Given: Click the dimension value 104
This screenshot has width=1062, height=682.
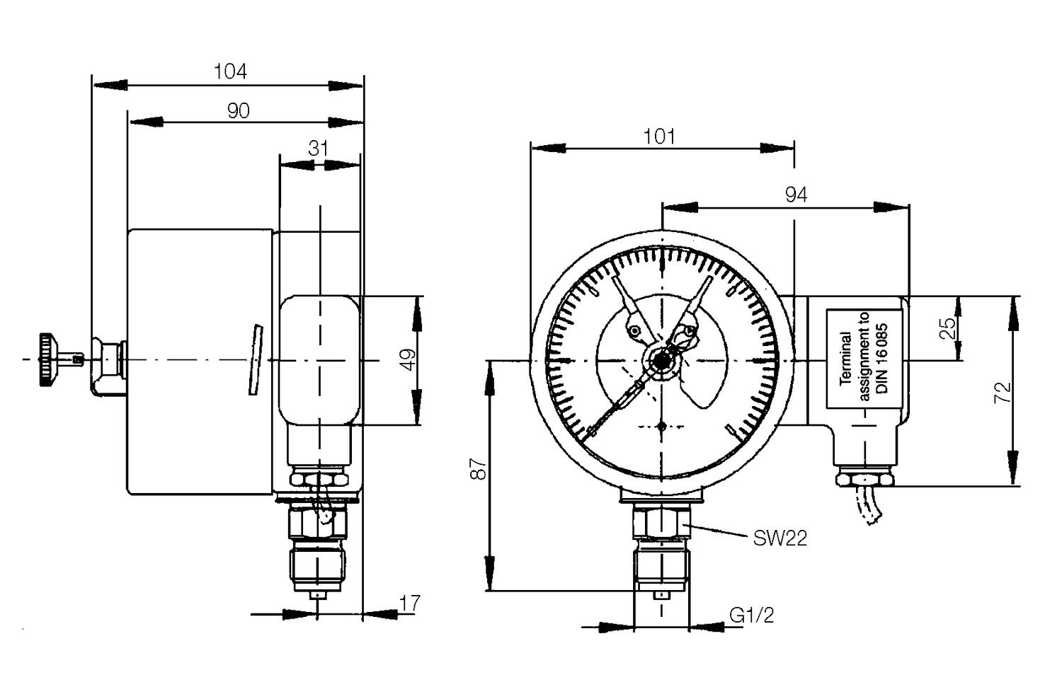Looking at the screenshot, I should pyautogui.click(x=230, y=71).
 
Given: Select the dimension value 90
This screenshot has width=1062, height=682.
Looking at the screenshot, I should pyautogui.click(x=238, y=110).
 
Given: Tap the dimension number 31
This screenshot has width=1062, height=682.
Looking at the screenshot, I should pyautogui.click(x=319, y=149).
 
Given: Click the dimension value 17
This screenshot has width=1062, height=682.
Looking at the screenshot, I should pyautogui.click(x=410, y=603).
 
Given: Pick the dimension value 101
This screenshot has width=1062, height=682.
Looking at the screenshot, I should pyautogui.click(x=659, y=136).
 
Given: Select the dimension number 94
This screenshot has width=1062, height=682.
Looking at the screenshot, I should pyautogui.click(x=796, y=195).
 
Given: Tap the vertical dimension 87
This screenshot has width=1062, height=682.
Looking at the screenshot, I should pyautogui.click(x=480, y=468).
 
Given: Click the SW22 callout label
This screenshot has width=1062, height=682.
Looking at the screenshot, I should pyautogui.click(x=780, y=539).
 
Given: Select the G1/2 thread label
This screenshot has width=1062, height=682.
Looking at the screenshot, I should pyautogui.click(x=752, y=615).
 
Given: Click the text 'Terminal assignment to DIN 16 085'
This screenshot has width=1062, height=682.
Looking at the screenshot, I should pyautogui.click(x=863, y=359).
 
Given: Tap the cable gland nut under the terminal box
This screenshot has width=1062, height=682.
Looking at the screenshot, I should pyautogui.click(x=864, y=480).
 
